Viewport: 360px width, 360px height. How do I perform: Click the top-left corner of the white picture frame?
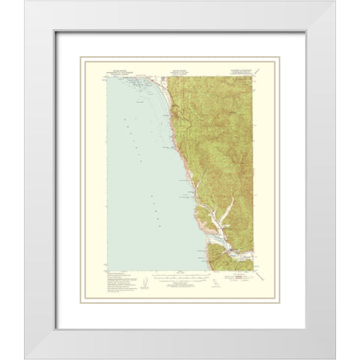point(24,1)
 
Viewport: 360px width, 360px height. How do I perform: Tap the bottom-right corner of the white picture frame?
point(335,358)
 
